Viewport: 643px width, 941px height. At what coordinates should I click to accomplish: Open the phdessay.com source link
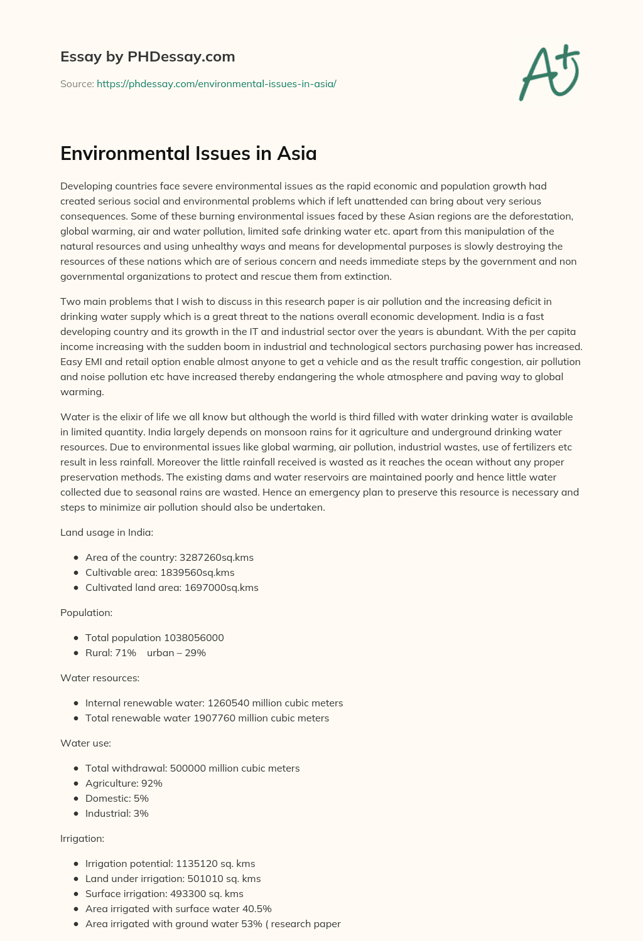[216, 83]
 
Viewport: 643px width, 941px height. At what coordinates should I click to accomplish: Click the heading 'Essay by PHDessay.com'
[148, 56]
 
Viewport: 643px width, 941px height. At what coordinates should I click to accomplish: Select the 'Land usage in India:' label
[107, 532]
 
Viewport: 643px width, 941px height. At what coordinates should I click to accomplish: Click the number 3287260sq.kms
[217, 557]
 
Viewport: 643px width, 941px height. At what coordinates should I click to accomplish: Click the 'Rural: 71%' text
[111, 652]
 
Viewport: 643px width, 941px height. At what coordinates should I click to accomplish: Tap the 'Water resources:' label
[100, 678]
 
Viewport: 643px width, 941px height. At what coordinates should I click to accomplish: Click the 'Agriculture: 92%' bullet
[124, 783]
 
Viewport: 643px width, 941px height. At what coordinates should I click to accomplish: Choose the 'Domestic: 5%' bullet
[117, 798]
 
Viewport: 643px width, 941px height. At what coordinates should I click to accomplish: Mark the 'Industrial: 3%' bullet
[117, 813]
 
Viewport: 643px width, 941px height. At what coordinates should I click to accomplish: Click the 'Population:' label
[86, 612]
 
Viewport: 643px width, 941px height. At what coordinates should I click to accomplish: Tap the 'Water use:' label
[85, 743]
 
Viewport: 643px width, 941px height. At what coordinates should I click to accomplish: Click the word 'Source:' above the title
[77, 83]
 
